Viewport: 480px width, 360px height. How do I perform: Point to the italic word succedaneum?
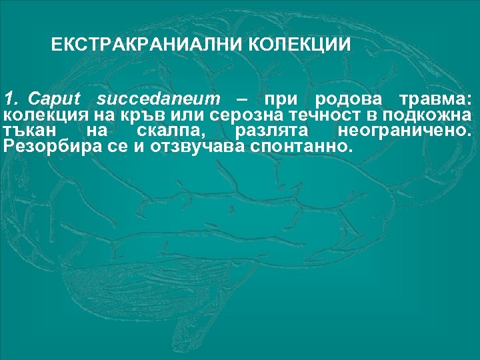coord(158,99)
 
